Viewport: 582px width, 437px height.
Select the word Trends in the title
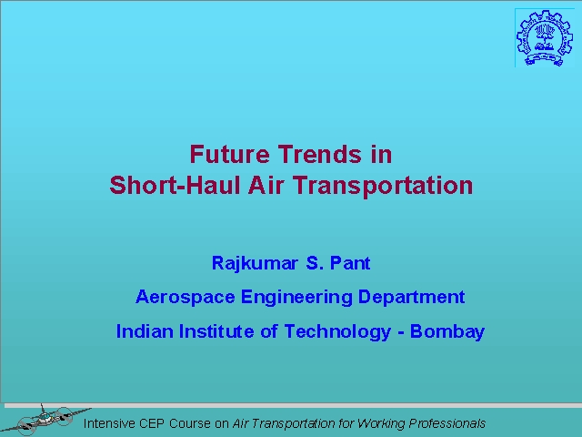coord(319,154)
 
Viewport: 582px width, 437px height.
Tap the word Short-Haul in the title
coord(175,185)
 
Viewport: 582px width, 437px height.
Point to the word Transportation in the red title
coord(383,185)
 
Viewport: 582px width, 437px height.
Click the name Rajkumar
coord(255,263)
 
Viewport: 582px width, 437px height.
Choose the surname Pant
coord(350,263)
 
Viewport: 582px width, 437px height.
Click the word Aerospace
coord(186,298)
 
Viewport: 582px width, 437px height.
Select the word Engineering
coord(296,298)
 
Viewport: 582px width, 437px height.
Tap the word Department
coord(411,298)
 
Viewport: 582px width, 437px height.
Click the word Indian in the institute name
coord(145,331)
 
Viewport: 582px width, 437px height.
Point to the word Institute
coord(216,331)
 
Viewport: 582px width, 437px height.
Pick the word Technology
coord(337,331)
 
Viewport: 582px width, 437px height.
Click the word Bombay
coord(447,331)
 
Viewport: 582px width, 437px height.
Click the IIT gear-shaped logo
coord(544,37)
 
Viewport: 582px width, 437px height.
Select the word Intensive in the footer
coord(109,423)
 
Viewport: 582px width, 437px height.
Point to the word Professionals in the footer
coord(447,423)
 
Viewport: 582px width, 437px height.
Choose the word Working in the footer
coord(381,423)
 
